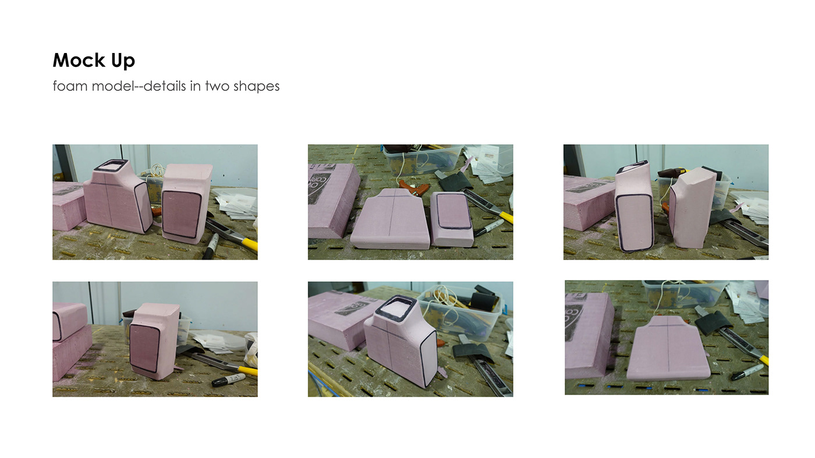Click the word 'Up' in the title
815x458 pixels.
122,61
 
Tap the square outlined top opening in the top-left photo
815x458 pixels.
112,166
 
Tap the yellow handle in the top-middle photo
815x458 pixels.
506,217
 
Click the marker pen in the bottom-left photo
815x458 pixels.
228,380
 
